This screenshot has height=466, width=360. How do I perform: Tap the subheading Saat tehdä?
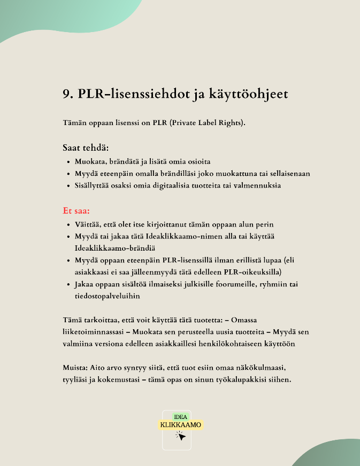[86, 147]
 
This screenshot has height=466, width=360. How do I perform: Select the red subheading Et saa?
[76, 211]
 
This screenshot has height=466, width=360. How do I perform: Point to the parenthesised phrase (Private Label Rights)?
[205, 123]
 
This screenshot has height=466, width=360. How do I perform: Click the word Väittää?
[89, 224]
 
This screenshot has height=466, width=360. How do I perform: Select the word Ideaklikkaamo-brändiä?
[115, 248]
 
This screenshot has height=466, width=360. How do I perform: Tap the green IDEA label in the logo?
[180, 416]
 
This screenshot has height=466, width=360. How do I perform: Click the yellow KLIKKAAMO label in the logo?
[181, 425]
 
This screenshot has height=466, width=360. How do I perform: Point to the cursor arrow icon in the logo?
[181, 436]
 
